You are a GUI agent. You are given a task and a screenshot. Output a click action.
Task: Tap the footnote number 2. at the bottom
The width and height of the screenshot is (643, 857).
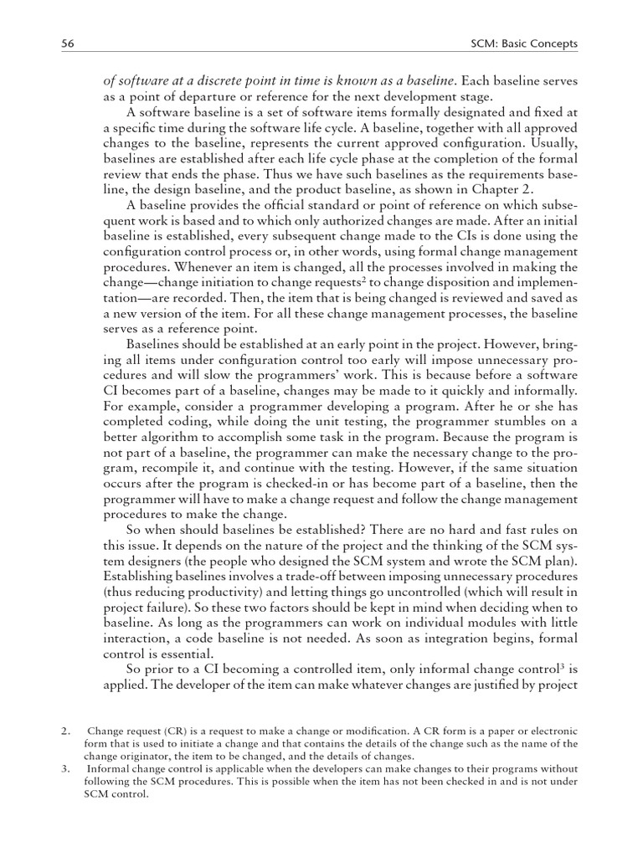tap(66, 731)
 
